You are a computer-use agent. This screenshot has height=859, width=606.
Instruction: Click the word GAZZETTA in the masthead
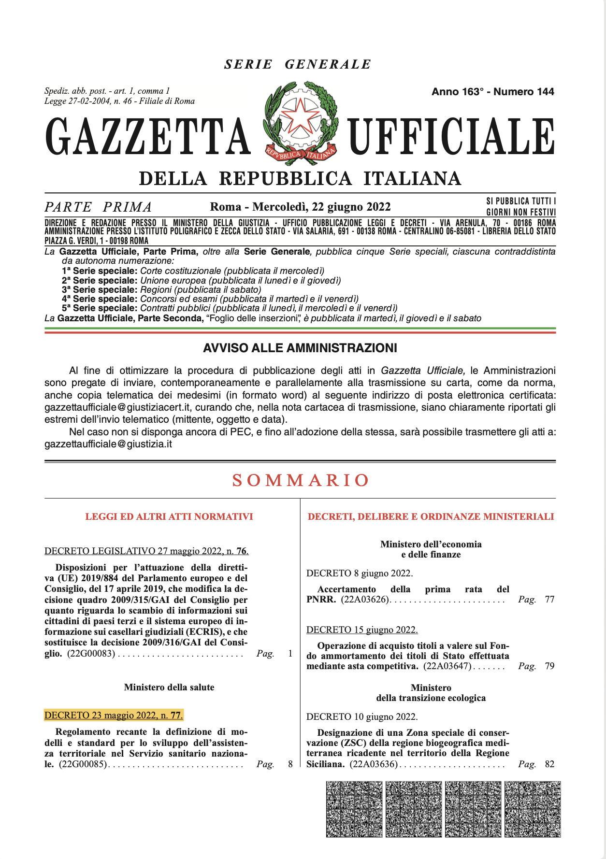pyautogui.click(x=148, y=137)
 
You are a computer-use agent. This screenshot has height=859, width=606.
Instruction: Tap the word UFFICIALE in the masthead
pyautogui.click(x=451, y=137)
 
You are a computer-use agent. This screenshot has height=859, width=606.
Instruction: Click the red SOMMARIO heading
pyautogui.click(x=301, y=480)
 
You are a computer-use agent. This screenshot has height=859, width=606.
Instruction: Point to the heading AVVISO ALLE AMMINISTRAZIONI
pyautogui.click(x=300, y=348)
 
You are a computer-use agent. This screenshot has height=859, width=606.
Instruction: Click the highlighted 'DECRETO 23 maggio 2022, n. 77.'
pyautogui.click(x=114, y=715)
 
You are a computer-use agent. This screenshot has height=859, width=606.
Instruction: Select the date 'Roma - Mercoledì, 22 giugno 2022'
pyautogui.click(x=300, y=207)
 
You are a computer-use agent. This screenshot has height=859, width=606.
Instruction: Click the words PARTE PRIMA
pyautogui.click(x=98, y=207)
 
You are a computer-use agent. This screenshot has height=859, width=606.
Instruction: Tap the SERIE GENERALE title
pyautogui.click(x=298, y=64)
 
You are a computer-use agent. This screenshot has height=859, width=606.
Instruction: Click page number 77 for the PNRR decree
pyautogui.click(x=549, y=600)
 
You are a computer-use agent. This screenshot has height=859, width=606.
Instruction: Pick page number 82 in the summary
pyautogui.click(x=549, y=764)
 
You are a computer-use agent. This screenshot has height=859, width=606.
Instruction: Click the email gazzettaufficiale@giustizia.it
pyautogui.click(x=108, y=444)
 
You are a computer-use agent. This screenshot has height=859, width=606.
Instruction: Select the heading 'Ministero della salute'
pyautogui.click(x=169, y=687)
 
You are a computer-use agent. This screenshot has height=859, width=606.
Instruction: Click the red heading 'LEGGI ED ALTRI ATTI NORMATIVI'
pyautogui.click(x=169, y=516)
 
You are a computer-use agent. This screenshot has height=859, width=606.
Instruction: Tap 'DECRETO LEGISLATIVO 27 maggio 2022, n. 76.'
pyautogui.click(x=146, y=551)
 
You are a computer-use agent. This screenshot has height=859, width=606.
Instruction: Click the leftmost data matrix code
pyautogui.click(x=354, y=809)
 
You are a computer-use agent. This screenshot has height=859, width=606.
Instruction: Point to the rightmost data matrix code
pyautogui.click(x=532, y=809)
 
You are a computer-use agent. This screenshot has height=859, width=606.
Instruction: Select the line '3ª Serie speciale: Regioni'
pyautogui.click(x=161, y=289)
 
